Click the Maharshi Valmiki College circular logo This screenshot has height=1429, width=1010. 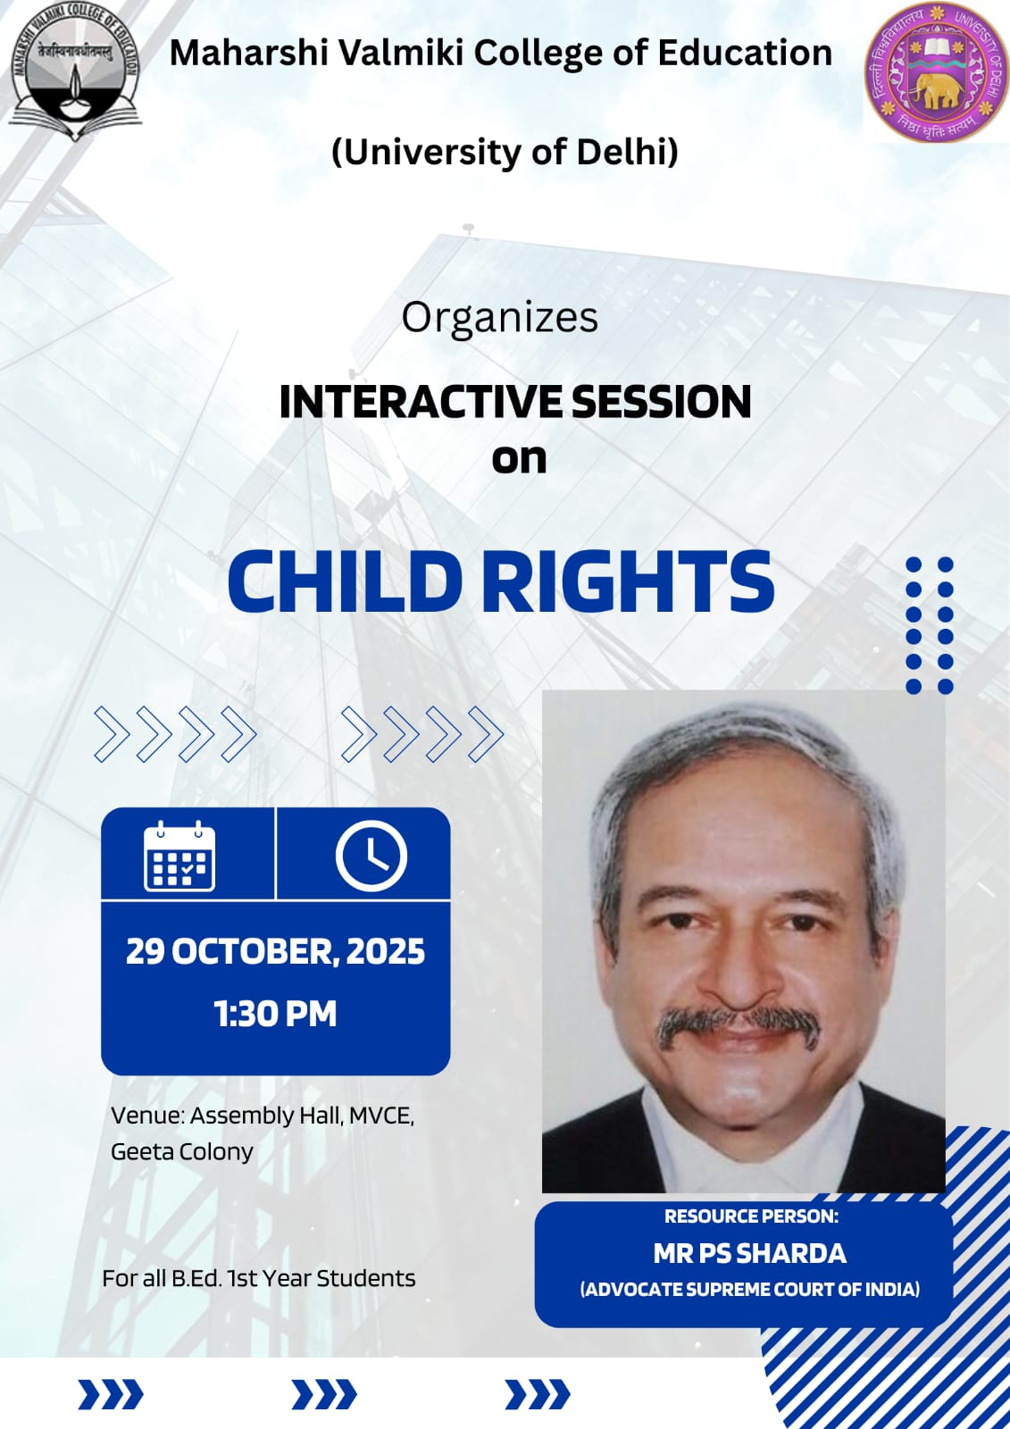point(75,71)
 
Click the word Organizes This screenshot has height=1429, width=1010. point(499,318)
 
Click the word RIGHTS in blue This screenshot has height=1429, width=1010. point(628,581)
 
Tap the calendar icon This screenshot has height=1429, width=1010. point(179,856)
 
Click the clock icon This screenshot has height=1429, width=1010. point(371,856)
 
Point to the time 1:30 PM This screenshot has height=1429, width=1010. point(275,1014)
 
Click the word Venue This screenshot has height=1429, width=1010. point(147,1116)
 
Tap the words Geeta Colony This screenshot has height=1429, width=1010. point(182,1152)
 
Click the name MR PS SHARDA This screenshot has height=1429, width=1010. point(749,1254)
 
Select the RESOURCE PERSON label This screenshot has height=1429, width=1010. point(751,1216)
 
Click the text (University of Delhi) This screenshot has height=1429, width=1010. point(505,152)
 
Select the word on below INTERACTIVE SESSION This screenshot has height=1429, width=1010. point(519,459)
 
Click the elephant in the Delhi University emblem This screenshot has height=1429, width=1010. point(934,93)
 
